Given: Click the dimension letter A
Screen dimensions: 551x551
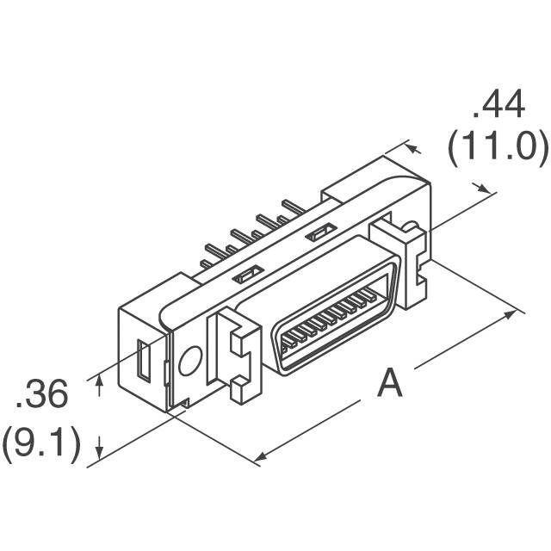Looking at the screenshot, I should [x=390, y=383].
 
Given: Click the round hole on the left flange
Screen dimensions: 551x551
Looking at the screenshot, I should [x=189, y=361].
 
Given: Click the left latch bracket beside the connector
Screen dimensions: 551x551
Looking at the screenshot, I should [x=233, y=354].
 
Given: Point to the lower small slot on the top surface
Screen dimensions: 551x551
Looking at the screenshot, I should [x=247, y=275].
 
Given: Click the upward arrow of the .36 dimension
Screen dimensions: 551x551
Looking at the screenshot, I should [x=101, y=379].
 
